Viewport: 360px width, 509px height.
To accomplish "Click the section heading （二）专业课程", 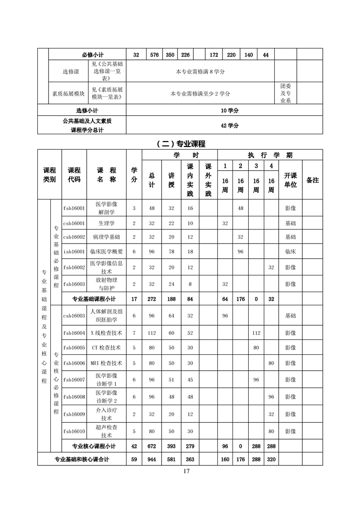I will pyautogui.click(x=181, y=144).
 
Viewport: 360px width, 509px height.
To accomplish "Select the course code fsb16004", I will pyautogui.click(x=74, y=333).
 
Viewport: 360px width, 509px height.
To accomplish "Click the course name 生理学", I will pyautogui.click(x=107, y=223).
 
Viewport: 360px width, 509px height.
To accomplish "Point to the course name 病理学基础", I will pyautogui.click(x=107, y=237).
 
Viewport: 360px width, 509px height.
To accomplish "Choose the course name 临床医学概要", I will pyautogui.click(x=107, y=251).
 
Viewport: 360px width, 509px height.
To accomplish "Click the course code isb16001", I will pyautogui.click(x=74, y=251).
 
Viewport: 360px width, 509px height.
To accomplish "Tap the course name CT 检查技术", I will pyautogui.click(x=107, y=347).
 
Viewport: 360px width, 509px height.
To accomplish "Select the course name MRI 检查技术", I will pyautogui.click(x=107, y=363).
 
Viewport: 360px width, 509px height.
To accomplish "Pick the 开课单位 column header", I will pyautogui.click(x=290, y=180).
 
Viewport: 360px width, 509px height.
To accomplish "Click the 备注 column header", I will pyautogui.click(x=312, y=180).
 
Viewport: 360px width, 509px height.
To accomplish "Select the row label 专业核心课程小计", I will pyautogui.click(x=94, y=446).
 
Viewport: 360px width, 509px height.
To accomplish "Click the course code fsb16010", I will pyautogui.click(x=74, y=431).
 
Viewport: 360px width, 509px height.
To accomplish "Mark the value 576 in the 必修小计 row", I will pyautogui.click(x=154, y=55).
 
